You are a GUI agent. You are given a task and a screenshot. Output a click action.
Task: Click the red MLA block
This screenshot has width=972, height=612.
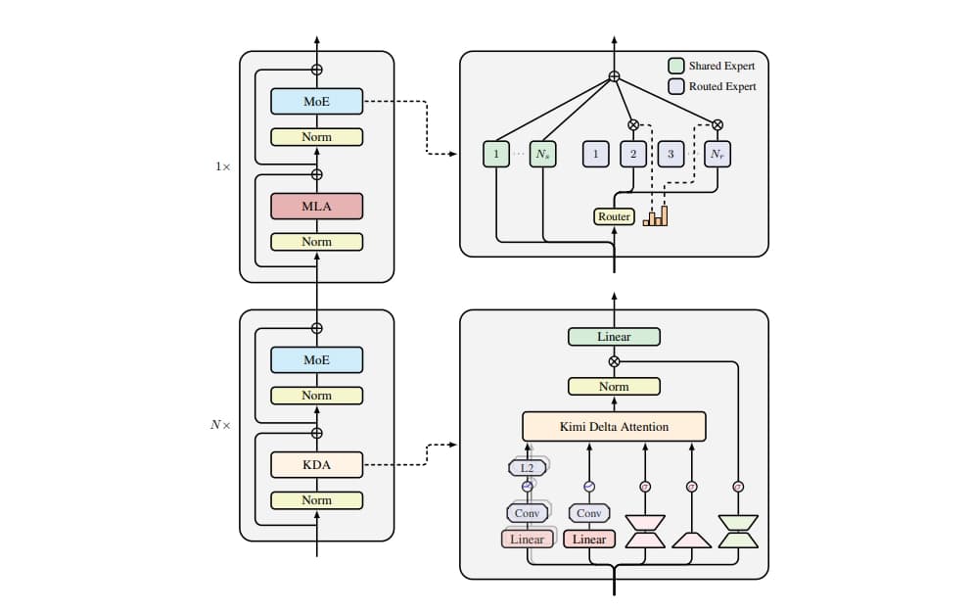316,206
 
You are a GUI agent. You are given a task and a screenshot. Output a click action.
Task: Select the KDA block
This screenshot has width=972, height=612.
316,465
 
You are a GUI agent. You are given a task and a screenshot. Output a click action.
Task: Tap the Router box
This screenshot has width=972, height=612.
614,216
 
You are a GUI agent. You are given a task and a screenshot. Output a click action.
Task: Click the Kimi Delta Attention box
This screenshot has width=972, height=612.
614,427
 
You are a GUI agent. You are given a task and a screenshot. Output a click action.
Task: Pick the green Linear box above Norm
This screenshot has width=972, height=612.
614,337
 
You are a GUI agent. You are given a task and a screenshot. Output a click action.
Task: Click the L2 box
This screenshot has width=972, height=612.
527,468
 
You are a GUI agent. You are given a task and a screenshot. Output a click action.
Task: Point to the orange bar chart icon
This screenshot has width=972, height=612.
655,215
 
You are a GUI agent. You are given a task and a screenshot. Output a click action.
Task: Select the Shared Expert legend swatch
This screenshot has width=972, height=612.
676,66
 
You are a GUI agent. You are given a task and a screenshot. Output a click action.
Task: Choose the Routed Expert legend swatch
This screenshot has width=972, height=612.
676,86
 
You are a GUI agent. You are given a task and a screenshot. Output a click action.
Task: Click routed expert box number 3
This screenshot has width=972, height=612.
671,154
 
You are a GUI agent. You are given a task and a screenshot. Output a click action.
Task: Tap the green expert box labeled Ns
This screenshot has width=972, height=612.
542,154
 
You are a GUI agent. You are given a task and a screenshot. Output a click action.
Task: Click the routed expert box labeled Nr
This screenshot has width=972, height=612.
717,154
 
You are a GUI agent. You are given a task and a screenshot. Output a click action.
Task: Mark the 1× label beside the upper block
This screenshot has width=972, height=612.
223,166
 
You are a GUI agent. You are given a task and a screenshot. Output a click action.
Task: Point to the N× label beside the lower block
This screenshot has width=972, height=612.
221,425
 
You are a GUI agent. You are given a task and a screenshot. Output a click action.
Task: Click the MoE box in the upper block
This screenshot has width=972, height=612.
316,101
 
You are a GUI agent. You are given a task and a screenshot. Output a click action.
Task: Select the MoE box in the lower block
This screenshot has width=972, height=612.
316,360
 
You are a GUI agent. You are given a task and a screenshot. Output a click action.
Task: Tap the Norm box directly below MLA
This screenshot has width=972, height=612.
316,242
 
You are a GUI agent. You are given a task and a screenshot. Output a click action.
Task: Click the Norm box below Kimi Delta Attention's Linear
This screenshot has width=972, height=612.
614,387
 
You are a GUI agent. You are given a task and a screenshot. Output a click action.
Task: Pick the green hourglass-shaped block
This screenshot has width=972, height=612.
738,531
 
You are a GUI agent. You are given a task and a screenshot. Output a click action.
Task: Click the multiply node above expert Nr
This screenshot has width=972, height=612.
717,124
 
